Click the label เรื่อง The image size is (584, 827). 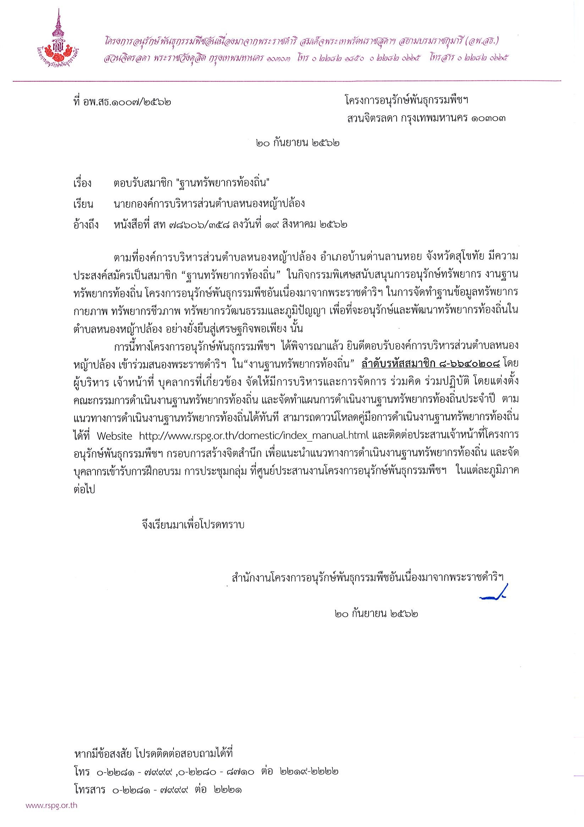click(83, 183)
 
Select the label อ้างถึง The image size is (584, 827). click(86, 225)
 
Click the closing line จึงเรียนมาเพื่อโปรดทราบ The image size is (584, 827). click(193, 525)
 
